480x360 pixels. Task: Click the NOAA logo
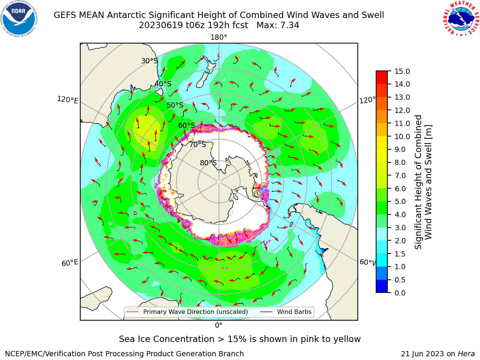point(19,19)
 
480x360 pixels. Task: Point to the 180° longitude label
point(219,37)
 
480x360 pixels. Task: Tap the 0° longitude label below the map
point(219,325)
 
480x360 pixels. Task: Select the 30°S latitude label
point(149,61)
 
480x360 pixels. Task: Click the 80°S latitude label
point(208,163)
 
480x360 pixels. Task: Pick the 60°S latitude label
point(186,125)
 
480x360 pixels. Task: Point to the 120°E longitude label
point(67,100)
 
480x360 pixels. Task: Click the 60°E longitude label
point(70,263)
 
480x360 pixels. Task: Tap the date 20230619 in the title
point(161,25)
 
